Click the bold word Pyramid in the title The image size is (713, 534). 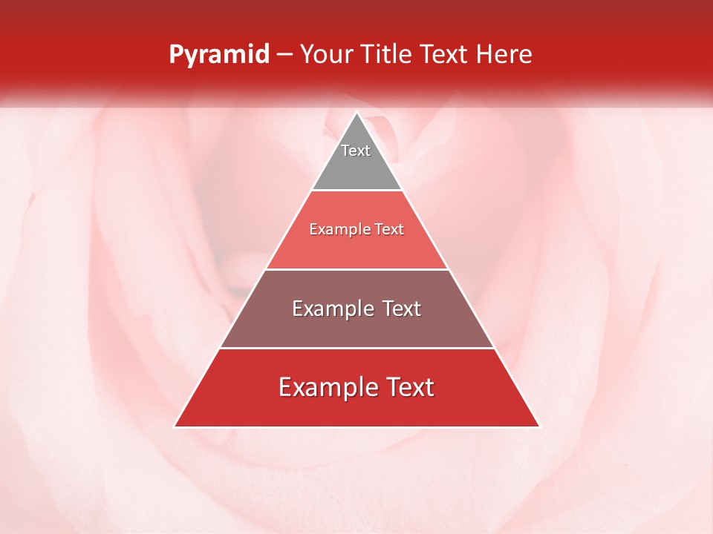[218, 55]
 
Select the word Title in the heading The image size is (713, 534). [389, 55]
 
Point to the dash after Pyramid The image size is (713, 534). [284, 55]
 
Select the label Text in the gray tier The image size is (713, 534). [356, 151]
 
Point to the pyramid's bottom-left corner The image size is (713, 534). [175, 426]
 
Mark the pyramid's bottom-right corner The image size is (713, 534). [538, 426]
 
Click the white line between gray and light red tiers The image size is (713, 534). [356, 191]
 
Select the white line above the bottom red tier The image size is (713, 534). [356, 348]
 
